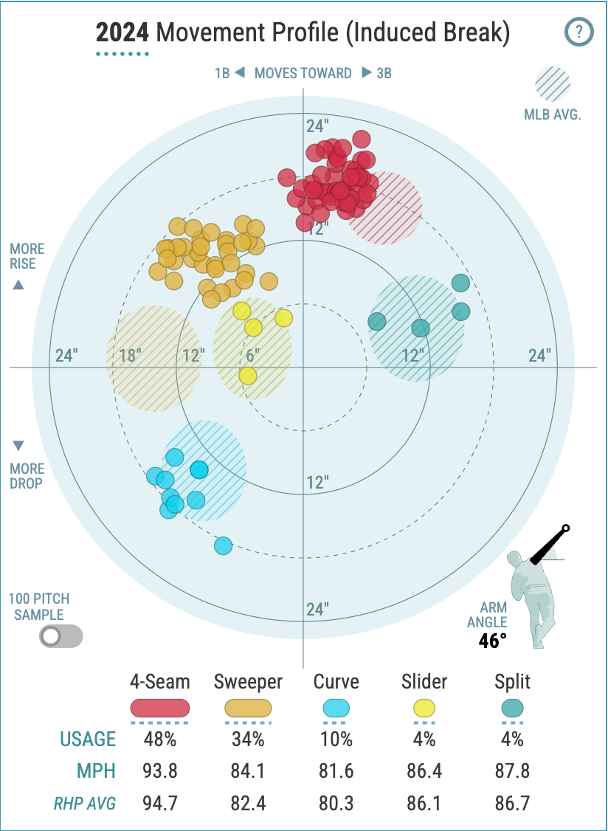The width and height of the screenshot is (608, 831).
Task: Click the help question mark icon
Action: (x=579, y=32)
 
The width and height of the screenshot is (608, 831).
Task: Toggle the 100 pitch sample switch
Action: (x=61, y=636)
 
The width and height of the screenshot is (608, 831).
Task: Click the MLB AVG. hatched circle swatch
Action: (x=553, y=84)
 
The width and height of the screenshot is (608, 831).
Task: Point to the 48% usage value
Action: (x=160, y=739)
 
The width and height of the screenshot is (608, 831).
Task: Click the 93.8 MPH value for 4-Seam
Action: (x=160, y=771)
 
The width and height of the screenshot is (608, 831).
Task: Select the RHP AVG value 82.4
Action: (x=248, y=804)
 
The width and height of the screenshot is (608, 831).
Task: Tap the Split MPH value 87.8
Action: (x=512, y=771)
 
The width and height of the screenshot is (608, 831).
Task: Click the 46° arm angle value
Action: (x=492, y=640)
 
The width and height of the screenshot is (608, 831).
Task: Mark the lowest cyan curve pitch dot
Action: (x=224, y=545)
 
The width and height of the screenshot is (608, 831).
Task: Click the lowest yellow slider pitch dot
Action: (x=248, y=376)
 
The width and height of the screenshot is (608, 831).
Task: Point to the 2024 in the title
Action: (x=122, y=33)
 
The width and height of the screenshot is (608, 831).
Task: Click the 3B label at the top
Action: (x=383, y=73)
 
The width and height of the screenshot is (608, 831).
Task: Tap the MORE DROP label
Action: (x=27, y=476)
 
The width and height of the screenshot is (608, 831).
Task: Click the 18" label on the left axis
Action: (x=131, y=356)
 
